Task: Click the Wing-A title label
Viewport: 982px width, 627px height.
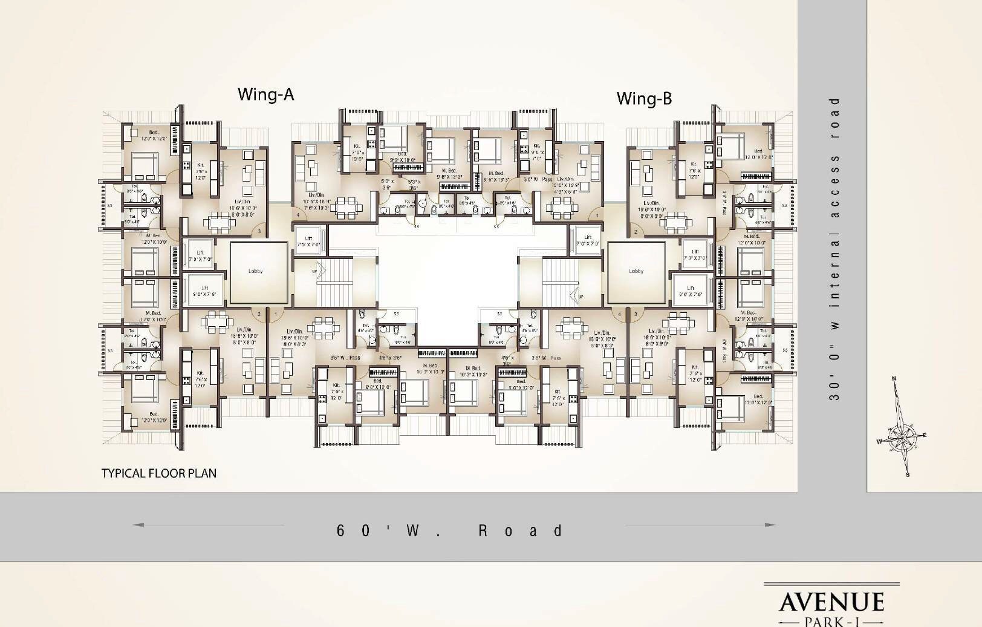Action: pos(265,94)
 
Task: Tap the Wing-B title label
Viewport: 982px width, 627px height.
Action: pos(644,98)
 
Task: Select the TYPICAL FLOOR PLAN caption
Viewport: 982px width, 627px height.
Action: pos(158,473)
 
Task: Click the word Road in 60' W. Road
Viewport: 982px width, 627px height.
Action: pos(521,531)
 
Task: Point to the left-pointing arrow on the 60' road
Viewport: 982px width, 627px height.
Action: pos(138,525)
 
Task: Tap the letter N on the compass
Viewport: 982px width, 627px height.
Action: pos(894,379)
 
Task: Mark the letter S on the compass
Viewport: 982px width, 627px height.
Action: pos(908,475)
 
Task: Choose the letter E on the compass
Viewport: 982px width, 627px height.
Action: pos(924,435)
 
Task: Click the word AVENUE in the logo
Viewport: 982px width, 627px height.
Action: pos(831,602)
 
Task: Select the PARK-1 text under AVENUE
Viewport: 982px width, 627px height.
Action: pos(831,621)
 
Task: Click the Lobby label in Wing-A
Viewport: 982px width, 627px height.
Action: pos(256,271)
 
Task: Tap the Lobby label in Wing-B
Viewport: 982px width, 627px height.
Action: pos(636,271)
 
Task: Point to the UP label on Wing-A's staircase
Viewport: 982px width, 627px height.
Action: pos(314,271)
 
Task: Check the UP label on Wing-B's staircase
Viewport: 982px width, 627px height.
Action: pos(581,297)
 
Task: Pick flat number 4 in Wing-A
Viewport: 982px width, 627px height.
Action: pos(298,215)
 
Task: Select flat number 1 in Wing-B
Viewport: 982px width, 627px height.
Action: pos(597,215)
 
